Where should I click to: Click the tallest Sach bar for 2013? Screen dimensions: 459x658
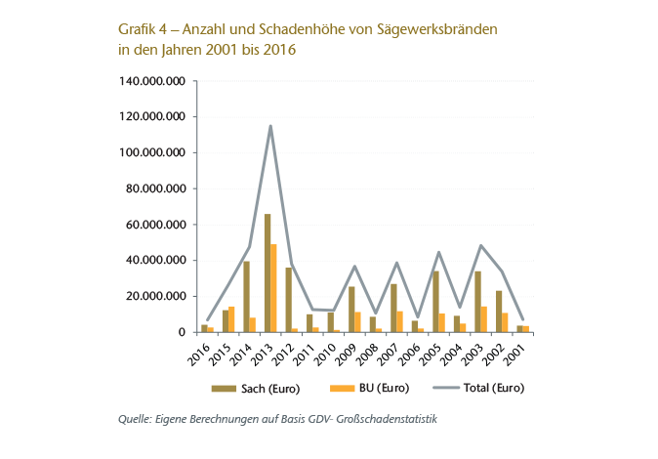coord(267,273)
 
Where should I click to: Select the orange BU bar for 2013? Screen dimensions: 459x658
coord(274,288)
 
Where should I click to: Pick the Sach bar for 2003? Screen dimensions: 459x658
coord(477,302)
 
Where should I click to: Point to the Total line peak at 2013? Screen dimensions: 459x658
coord(270,126)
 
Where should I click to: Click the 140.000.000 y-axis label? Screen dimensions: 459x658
coord(153,81)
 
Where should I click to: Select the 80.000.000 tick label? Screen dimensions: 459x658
coord(156,188)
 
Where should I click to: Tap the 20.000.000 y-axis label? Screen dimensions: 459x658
coord(156,297)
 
